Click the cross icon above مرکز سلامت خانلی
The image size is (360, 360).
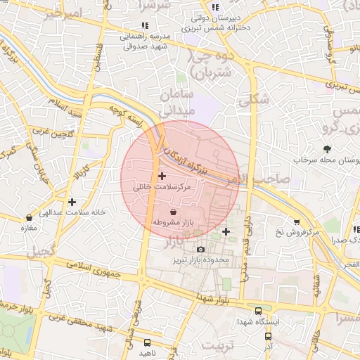162,175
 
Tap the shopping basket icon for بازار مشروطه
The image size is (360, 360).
174,212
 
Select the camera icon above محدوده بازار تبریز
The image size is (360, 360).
201,250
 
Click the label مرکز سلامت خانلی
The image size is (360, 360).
162,187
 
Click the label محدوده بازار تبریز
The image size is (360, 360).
202,260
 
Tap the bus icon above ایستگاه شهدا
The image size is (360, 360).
258,310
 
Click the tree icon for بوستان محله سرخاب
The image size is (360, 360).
327,148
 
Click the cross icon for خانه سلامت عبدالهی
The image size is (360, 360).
72,202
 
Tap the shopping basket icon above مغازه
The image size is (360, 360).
29,218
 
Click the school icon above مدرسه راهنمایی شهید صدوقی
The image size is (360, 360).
145,26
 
